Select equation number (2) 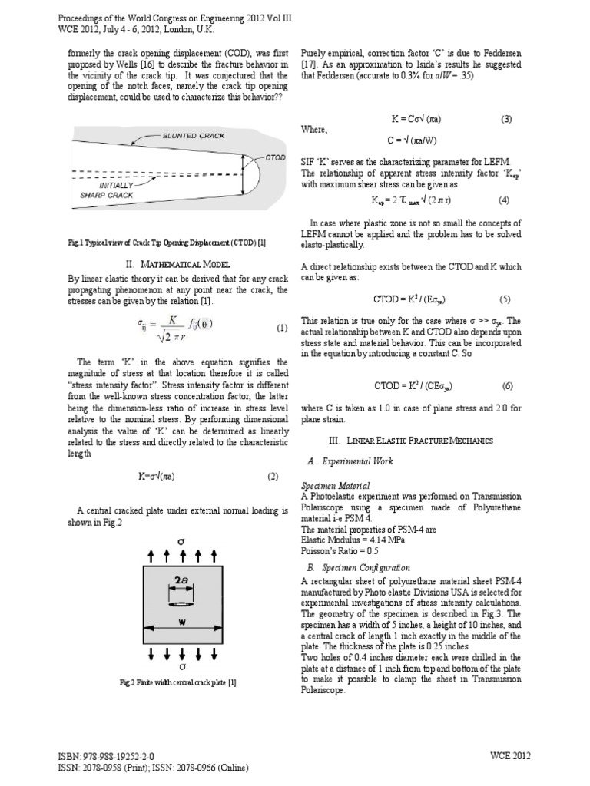coord(272,476)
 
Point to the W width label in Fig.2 coord(182,623)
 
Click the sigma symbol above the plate coord(182,541)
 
